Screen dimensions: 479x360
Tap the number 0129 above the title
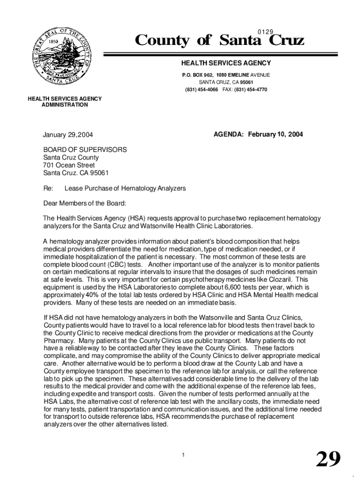266,31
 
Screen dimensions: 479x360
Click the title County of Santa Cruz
219,42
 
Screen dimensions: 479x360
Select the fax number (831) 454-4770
251,89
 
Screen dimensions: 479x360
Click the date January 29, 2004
68,135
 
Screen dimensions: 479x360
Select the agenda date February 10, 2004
275,135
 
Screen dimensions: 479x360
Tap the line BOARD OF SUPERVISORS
85,150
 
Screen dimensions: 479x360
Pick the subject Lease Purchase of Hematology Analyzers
125,188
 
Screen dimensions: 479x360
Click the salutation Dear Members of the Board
85,203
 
